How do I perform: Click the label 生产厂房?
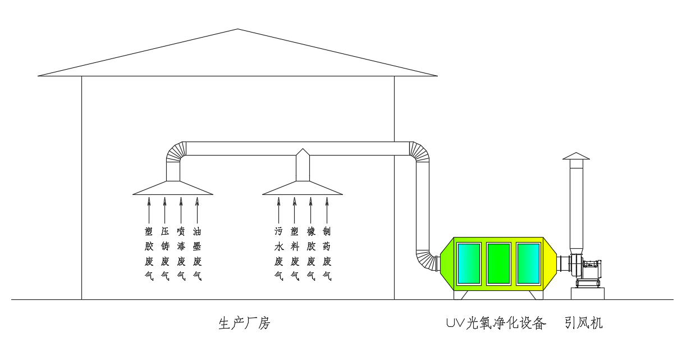coord(244,323)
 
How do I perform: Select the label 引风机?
coord(584,323)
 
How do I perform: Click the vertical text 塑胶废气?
coord(149,253)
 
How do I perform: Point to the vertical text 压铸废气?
coord(165,253)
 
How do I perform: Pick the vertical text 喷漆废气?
coord(181,253)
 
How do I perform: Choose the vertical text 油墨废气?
coord(197,253)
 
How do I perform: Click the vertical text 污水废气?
coord(278,253)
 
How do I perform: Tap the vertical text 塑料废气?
coord(295,253)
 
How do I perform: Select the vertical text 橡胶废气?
coord(311,253)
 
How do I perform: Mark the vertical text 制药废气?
coord(327,253)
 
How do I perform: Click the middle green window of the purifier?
coord(498,263)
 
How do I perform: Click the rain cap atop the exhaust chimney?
coord(576,156)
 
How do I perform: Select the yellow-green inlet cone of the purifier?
coord(447,263)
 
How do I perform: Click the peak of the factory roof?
coord(237,30)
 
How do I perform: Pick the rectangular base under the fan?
coord(587,293)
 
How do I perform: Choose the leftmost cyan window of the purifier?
coord(469,263)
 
